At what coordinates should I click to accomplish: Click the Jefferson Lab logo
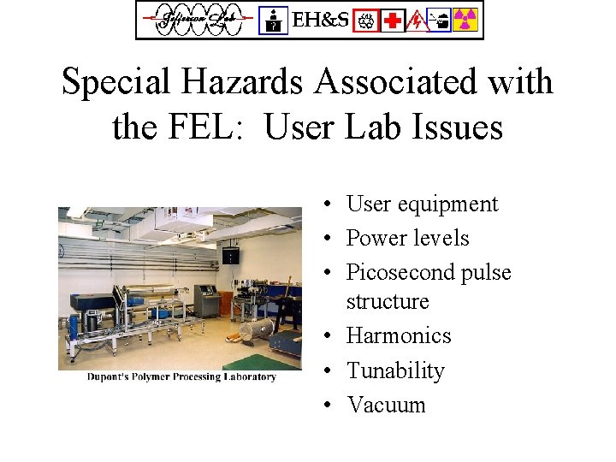[x=196, y=20]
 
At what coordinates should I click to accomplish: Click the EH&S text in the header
[x=321, y=20]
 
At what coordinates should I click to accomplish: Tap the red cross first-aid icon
[x=393, y=20]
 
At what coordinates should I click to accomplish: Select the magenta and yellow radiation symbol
[x=465, y=20]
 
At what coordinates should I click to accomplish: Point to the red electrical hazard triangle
[x=416, y=20]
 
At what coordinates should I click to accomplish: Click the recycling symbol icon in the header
[x=368, y=20]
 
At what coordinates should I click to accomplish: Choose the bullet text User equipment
[x=421, y=204]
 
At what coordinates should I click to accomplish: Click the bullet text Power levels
[x=407, y=238]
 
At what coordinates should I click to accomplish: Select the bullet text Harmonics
[x=398, y=335]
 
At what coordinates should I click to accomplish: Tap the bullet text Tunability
[x=395, y=370]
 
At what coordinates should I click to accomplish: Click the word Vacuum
[x=386, y=405]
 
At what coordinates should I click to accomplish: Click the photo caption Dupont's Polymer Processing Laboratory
[x=181, y=377]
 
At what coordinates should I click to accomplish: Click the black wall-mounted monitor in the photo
[x=229, y=255]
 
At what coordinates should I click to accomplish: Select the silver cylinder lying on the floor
[x=256, y=330]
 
